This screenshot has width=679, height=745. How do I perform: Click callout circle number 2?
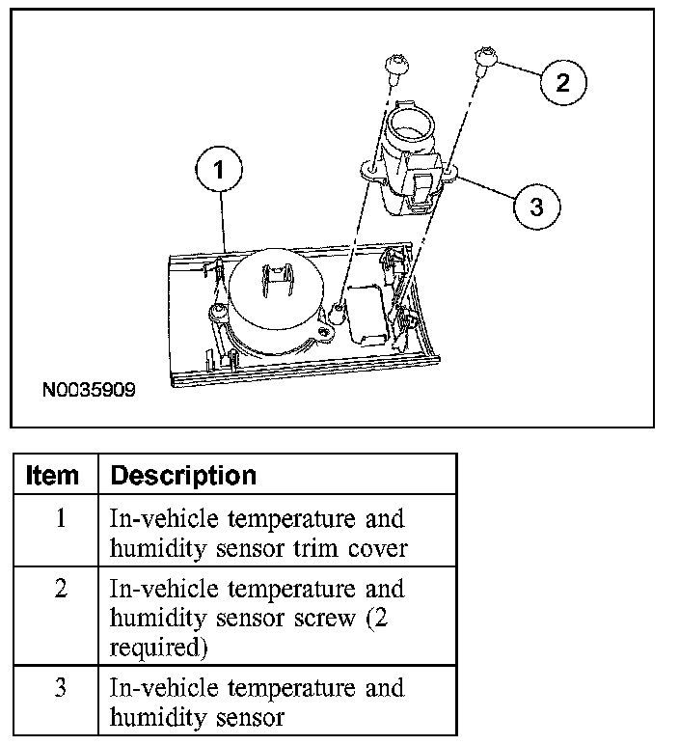pyautogui.click(x=561, y=81)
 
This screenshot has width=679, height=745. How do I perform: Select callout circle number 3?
pyautogui.click(x=536, y=206)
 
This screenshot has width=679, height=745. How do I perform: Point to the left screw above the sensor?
pyautogui.click(x=394, y=66)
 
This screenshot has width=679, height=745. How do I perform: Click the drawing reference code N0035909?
pyautogui.click(x=88, y=392)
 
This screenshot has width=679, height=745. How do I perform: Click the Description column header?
pyautogui.click(x=183, y=475)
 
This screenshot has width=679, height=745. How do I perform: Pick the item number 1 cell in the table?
pyautogui.click(x=60, y=518)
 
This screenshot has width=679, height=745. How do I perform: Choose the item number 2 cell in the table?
pyautogui.click(x=60, y=589)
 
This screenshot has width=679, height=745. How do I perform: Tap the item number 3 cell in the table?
pyautogui.click(x=60, y=688)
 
